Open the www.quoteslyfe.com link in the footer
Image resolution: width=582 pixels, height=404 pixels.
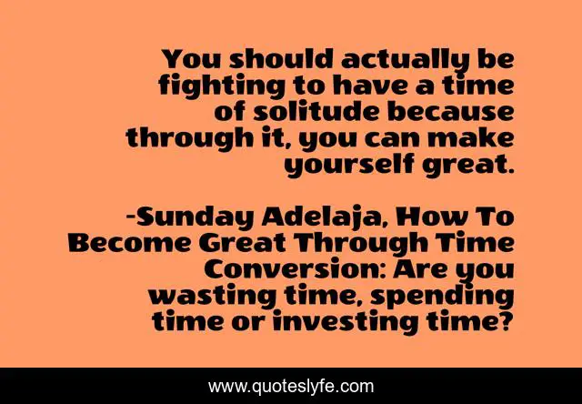[x=290, y=387]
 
